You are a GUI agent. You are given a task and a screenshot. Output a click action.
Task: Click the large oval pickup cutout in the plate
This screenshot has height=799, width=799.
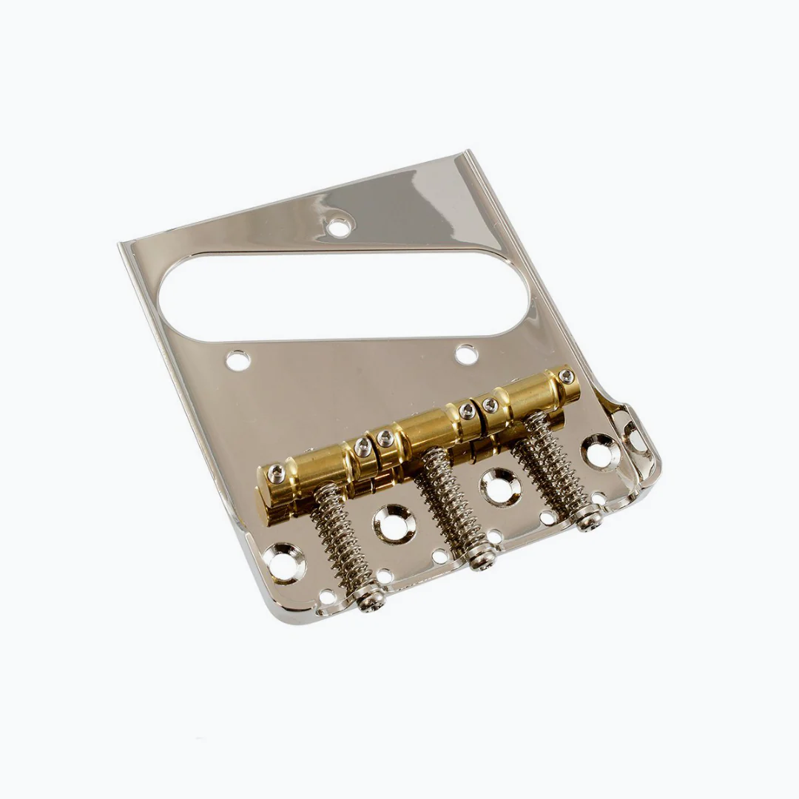tap(345, 296)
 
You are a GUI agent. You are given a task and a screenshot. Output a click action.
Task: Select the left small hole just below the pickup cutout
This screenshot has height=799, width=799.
tap(237, 361)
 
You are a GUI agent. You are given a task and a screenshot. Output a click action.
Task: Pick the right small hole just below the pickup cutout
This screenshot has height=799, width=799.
tap(466, 354)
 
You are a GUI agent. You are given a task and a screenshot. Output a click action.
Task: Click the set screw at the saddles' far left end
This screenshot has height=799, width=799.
tap(276, 473)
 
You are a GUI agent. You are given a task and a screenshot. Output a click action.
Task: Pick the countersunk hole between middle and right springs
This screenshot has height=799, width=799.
tap(500, 485)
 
